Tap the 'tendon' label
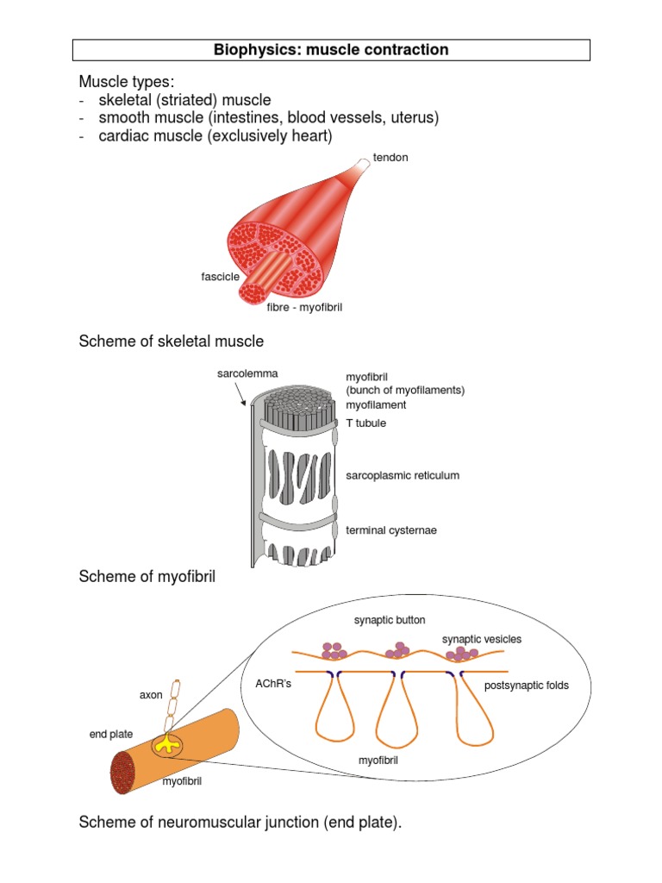[x=390, y=158]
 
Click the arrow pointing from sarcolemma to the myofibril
[x=240, y=394]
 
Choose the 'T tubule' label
[x=366, y=423]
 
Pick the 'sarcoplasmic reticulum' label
[x=403, y=475]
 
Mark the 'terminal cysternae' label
[x=391, y=529]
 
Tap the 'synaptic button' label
[x=390, y=619]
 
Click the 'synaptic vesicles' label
[x=482, y=639]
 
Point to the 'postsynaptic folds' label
[x=526, y=686]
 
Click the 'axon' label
[x=151, y=694]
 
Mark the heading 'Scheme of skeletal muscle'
[x=172, y=341]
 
